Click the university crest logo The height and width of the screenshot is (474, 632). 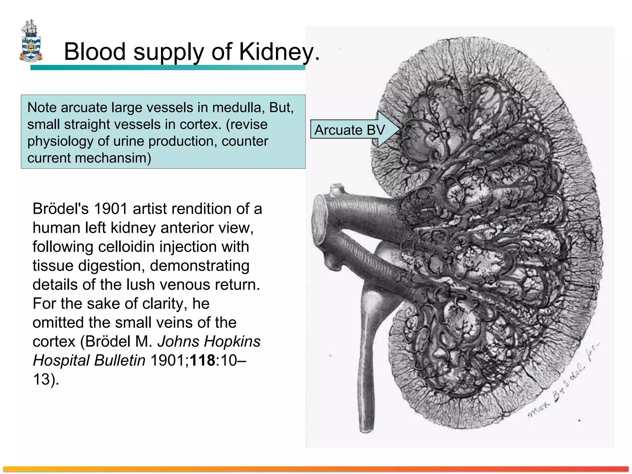pos(31,41)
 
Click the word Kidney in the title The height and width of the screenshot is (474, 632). pos(276,52)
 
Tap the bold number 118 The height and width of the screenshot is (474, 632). pos(202,360)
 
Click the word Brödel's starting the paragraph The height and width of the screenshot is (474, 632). pos(60,209)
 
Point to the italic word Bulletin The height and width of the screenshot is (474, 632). pos(120,360)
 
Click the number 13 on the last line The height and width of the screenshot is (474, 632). pos(41,379)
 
